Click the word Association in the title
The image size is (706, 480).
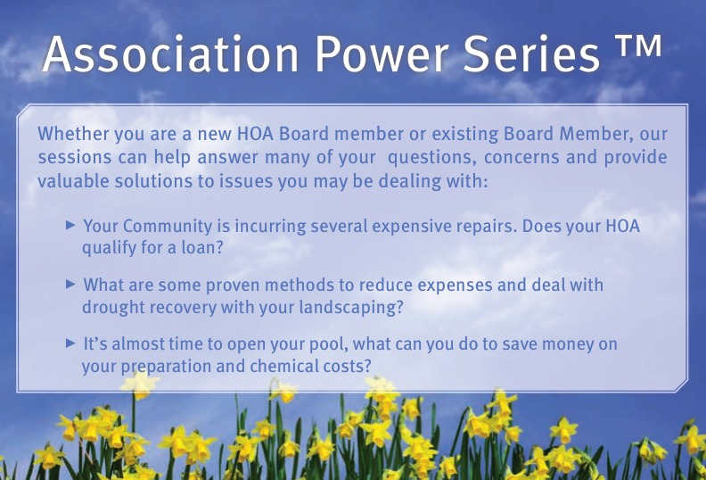(170, 54)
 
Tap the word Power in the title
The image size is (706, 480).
(382, 54)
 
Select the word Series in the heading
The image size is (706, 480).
(531, 54)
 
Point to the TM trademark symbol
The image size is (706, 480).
(638, 46)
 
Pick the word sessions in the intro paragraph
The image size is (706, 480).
(74, 157)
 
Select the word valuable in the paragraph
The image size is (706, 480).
(73, 181)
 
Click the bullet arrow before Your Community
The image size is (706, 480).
(70, 225)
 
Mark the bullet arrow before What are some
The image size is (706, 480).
(70, 284)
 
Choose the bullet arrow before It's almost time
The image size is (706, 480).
(70, 343)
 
